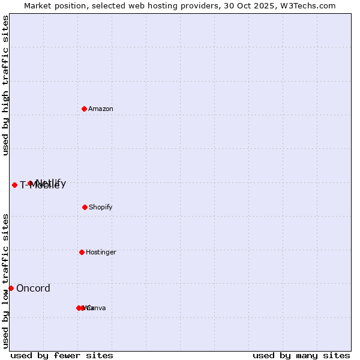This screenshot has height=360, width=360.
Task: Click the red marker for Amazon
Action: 84,109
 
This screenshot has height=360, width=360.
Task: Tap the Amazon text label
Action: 101,109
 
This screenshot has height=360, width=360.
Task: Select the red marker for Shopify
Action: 85,207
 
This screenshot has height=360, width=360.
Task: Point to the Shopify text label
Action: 101,207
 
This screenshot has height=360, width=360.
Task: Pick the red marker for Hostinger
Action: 82,252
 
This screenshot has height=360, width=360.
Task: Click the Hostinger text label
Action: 101,252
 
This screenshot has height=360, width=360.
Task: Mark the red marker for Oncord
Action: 11,288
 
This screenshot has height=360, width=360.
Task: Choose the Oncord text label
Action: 33,288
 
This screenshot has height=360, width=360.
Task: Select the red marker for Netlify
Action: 30,183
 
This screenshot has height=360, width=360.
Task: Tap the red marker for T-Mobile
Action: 14,185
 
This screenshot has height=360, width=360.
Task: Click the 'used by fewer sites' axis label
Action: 62,355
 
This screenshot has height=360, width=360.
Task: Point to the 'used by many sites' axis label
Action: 301,355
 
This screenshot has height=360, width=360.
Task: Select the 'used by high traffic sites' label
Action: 6,85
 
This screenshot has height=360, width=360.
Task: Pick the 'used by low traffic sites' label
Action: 6,281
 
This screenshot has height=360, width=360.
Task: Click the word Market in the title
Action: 38,5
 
